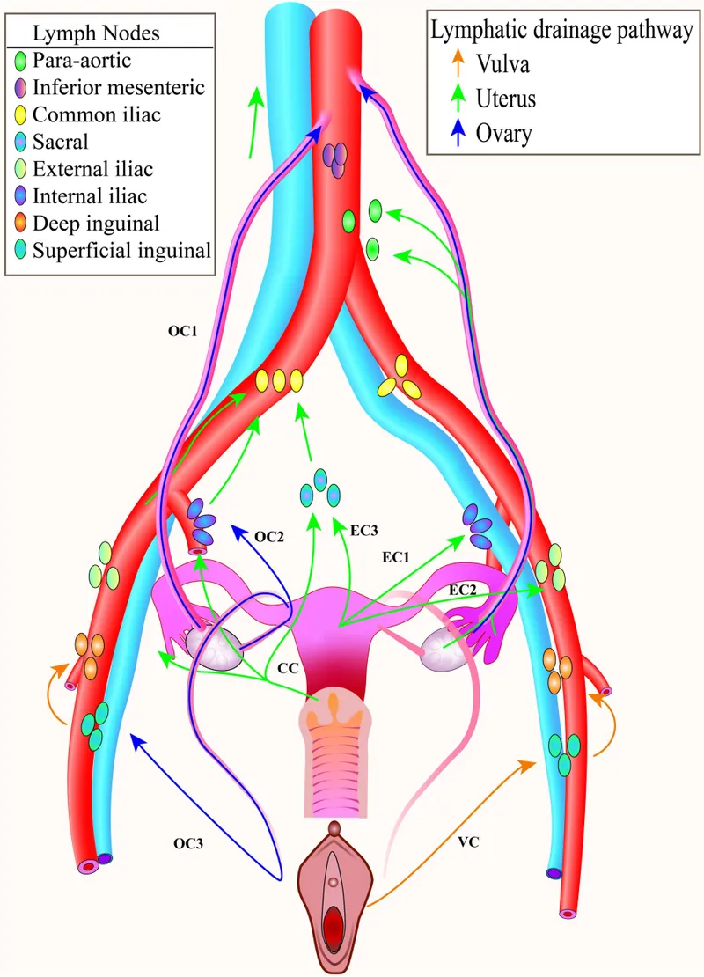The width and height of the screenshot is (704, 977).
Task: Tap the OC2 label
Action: point(270,535)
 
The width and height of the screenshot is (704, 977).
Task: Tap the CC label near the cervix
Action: point(287,669)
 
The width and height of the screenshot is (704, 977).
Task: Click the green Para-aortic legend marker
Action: point(21,61)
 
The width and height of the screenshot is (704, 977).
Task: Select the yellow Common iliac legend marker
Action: point(21,114)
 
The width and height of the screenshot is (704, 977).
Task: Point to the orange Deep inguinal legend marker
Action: point(21,224)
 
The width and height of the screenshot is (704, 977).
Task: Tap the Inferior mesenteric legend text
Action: point(118,88)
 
